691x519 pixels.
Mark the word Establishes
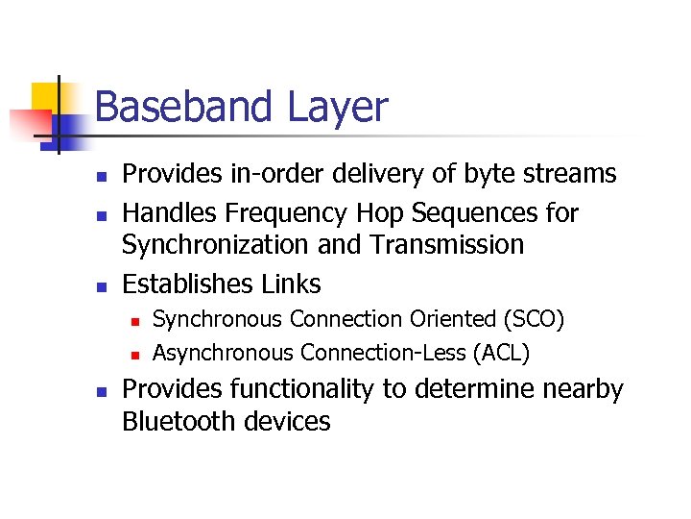click(x=187, y=284)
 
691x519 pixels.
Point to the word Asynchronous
click(x=223, y=354)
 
